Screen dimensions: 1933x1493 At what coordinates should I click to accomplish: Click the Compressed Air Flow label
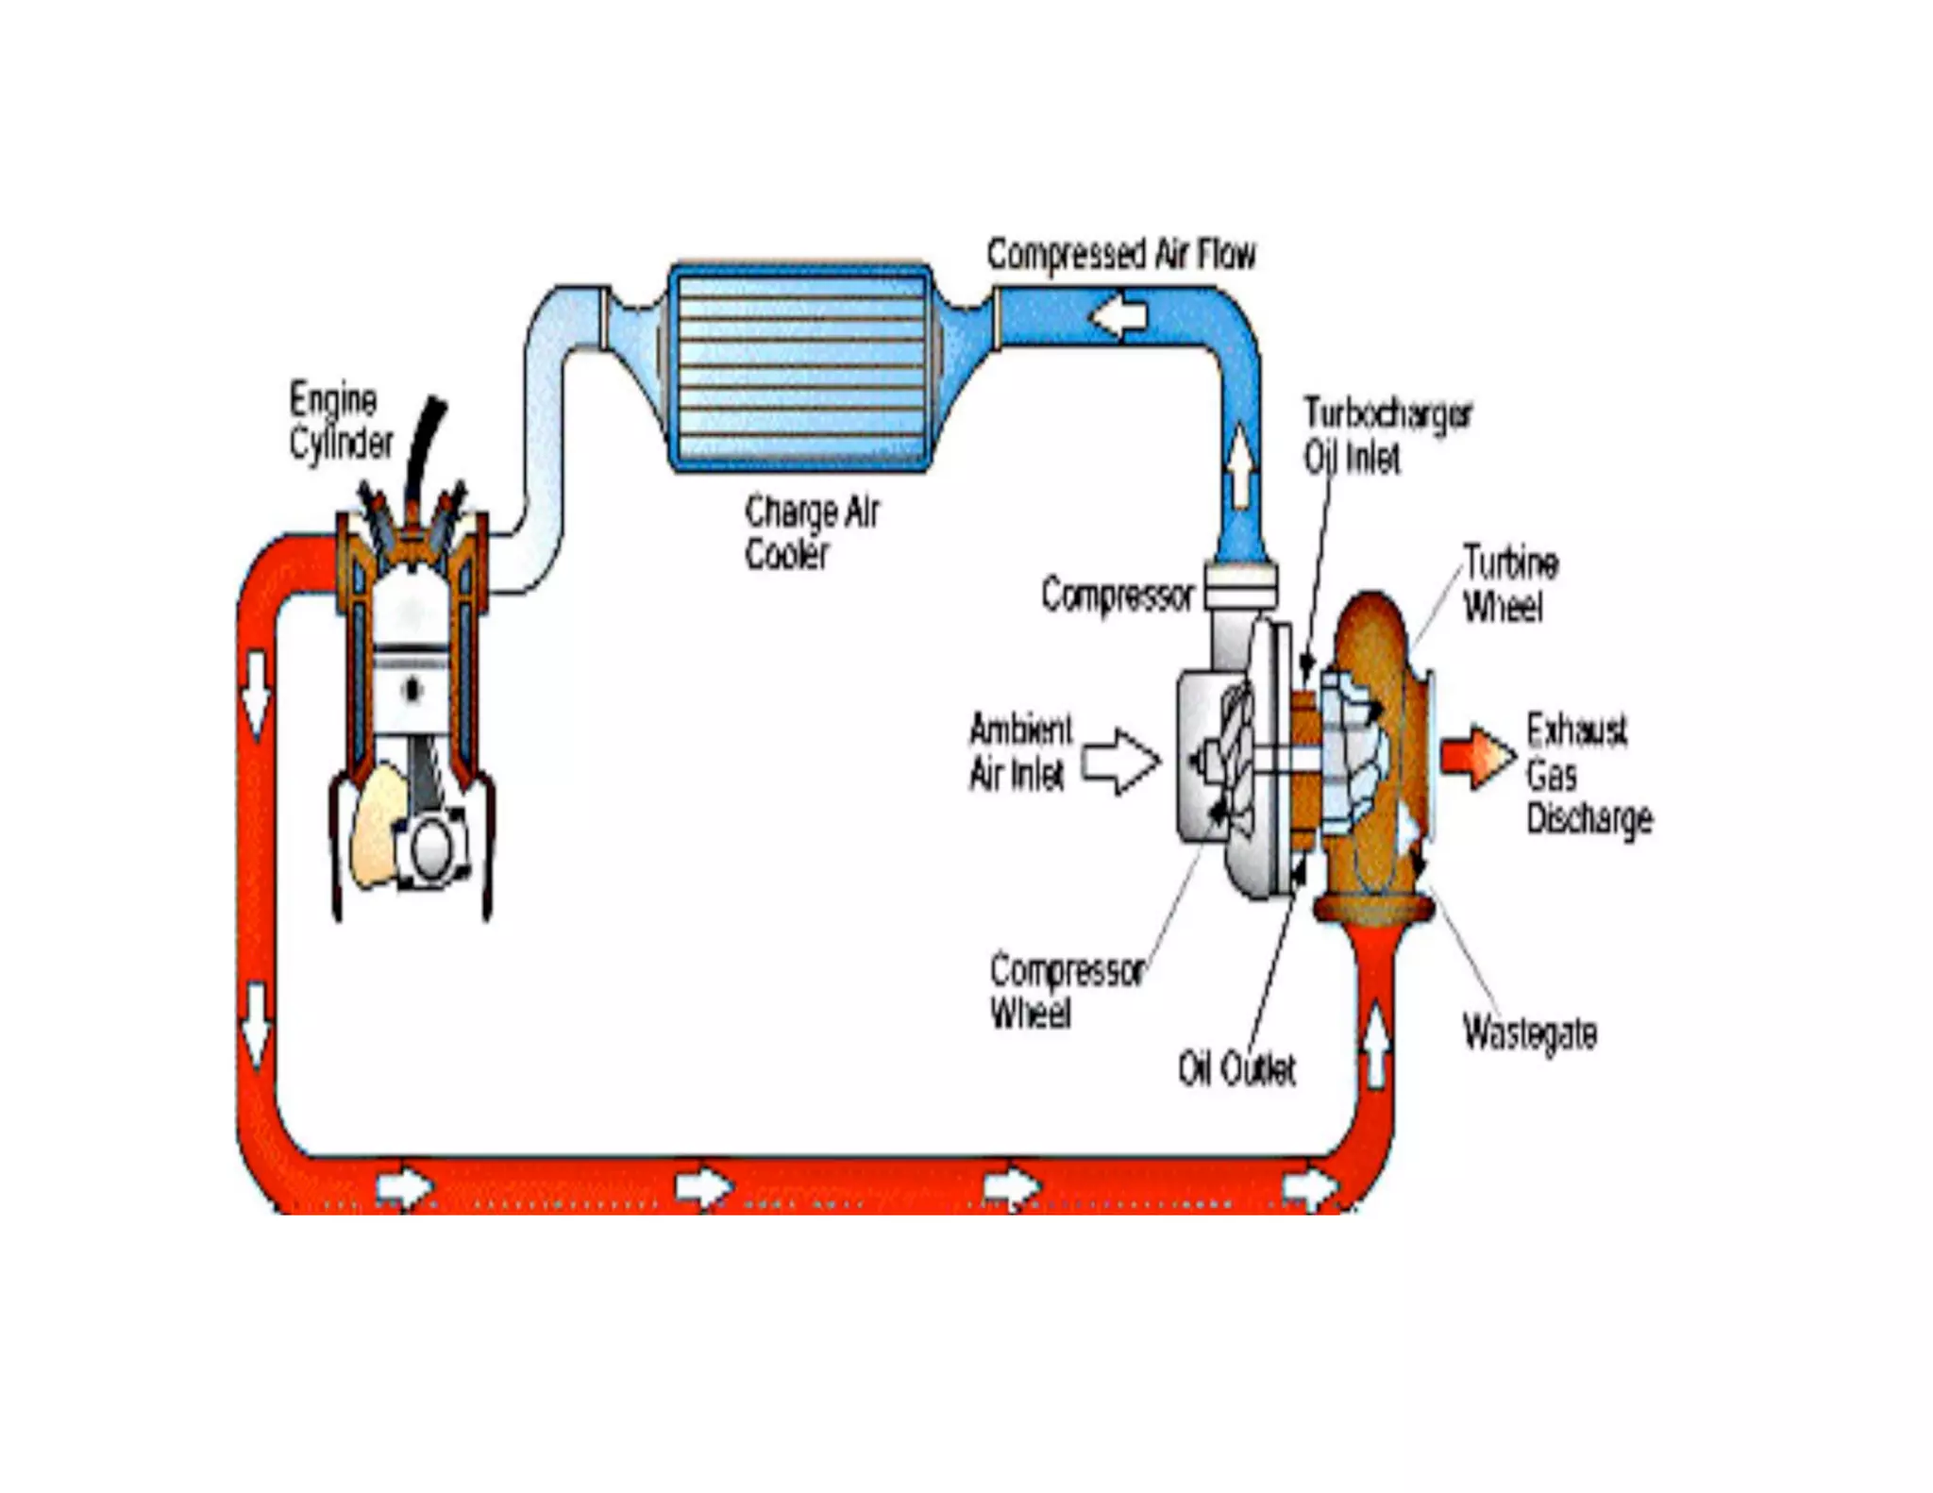pyautogui.click(x=1120, y=255)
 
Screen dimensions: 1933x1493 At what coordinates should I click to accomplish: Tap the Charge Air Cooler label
pyautogui.click(x=812, y=533)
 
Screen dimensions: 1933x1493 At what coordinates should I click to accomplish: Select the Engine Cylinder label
pyautogui.click(x=341, y=422)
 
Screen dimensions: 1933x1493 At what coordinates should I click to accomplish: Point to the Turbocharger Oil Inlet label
pyautogui.click(x=1386, y=435)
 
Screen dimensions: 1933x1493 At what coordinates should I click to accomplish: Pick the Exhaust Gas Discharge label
pyautogui.click(x=1588, y=774)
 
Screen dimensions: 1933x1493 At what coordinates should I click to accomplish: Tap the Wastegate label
pyautogui.click(x=1529, y=1033)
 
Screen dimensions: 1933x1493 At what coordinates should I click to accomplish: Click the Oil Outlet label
pyautogui.click(x=1236, y=1069)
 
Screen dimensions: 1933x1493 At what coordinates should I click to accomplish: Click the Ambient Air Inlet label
pyautogui.click(x=1020, y=752)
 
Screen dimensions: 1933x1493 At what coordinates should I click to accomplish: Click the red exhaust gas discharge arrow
pyautogui.click(x=1476, y=756)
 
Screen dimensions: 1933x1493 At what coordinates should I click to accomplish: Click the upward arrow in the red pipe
pyautogui.click(x=1377, y=1044)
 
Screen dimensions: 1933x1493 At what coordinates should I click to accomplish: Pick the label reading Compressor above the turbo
pyautogui.click(x=1117, y=596)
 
